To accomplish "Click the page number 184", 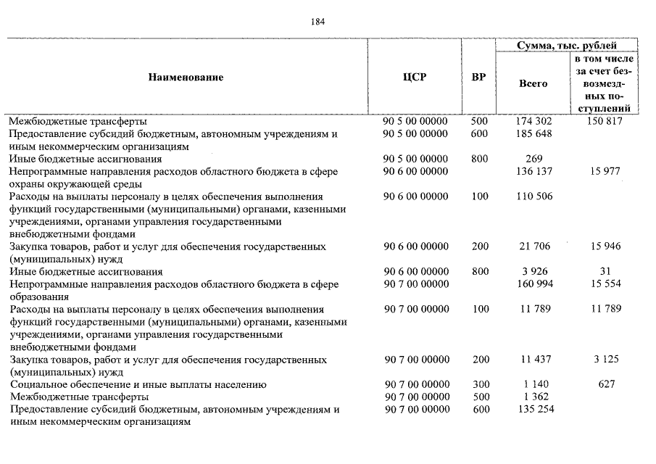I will pos(317,21).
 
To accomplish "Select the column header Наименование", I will pos(186,77).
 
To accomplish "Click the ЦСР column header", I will pos(415,77).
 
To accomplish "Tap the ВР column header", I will pos(478,77).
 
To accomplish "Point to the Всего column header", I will pos(533,83).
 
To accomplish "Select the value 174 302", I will pos(534,122).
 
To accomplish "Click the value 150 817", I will pos(605,122).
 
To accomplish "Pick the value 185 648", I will pos(534,134).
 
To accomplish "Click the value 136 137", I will pos(534,172).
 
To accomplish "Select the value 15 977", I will pos(605,172).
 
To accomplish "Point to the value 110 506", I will pos(534,196).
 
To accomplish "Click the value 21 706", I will pos(536,247).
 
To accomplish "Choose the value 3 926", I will pos(536,272).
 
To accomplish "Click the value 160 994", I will pos(534,284).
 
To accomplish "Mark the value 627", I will pos(607,384).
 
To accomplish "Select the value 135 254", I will pos(534,410).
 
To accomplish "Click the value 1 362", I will pos(536,397).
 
